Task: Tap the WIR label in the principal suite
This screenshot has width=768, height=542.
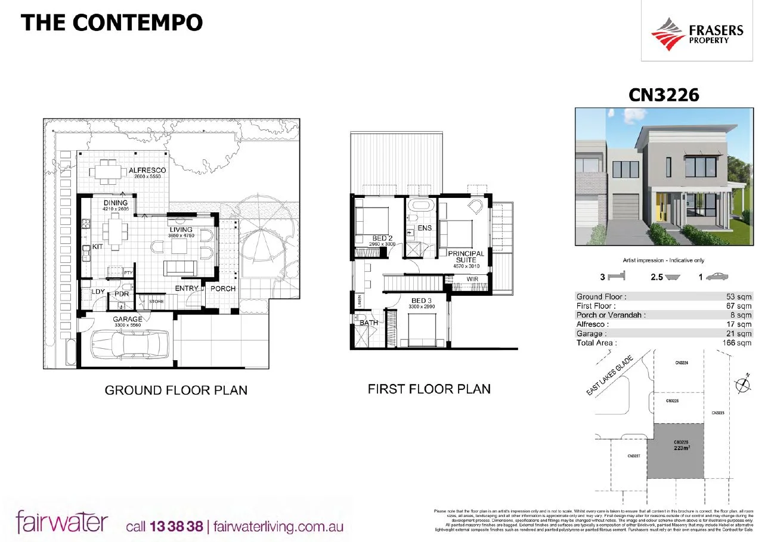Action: tap(472, 279)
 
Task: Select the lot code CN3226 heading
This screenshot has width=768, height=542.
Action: tap(664, 95)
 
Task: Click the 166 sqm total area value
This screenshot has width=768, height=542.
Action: tap(738, 343)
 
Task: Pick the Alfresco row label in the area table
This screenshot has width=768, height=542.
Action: tap(593, 324)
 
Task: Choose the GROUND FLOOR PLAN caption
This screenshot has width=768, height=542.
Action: tap(176, 391)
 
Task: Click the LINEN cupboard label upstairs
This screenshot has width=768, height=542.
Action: tap(359, 301)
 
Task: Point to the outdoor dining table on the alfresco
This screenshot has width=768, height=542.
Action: tap(109, 171)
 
